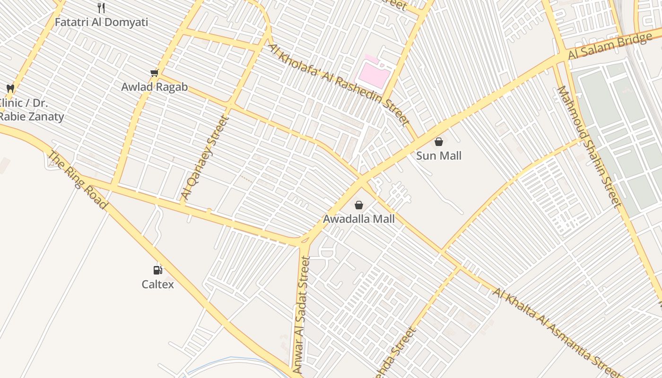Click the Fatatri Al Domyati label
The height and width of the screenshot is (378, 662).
[101, 22]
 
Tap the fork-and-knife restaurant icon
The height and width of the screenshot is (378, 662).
[101, 8]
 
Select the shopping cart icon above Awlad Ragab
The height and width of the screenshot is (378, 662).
[154, 73]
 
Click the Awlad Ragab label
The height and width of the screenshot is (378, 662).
[154, 87]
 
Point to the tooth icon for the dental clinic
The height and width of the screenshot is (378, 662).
[10, 88]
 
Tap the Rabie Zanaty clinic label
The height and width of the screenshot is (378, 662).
[31, 110]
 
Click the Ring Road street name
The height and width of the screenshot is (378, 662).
[78, 180]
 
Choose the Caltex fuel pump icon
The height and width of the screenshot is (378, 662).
[157, 270]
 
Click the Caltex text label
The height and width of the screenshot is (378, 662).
[158, 284]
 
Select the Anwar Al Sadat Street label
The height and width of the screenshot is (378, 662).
[301, 315]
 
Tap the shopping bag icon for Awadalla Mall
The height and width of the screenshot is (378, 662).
[359, 205]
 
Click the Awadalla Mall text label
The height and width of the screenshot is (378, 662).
[359, 219]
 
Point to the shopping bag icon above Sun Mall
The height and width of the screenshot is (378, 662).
[439, 141]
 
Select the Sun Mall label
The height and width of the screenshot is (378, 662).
[439, 156]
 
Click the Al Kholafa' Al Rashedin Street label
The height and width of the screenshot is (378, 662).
[339, 85]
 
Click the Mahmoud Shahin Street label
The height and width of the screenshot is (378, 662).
[589, 146]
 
